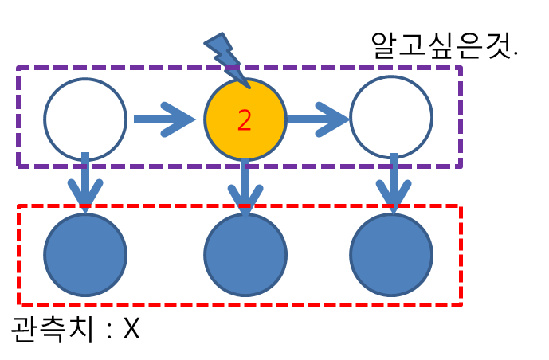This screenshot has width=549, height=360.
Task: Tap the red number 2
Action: [245, 120]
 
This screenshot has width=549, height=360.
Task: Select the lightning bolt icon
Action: [225, 55]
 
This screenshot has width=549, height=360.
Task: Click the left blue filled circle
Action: [85, 255]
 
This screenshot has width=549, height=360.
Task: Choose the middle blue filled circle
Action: [245, 255]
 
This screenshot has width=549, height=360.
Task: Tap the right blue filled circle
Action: [391, 255]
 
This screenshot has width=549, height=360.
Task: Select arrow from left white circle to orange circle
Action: [163, 119]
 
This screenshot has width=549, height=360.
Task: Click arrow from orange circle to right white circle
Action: [318, 119]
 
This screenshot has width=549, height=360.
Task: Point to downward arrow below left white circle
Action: [85, 185]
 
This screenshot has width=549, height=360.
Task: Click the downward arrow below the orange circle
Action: [245, 185]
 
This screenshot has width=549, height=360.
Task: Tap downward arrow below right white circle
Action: [391, 185]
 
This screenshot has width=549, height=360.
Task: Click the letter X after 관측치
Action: [131, 330]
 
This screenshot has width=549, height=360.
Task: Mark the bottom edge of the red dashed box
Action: [239, 303]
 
